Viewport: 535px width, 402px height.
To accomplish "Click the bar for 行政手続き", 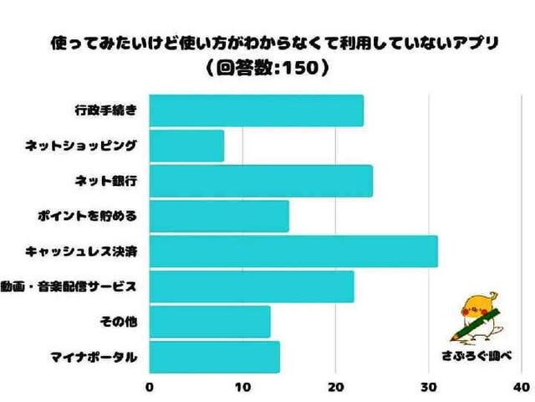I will tap(256, 111).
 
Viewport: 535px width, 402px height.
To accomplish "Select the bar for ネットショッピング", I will tap(186, 146).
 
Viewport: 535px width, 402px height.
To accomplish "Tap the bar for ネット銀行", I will tap(261, 181).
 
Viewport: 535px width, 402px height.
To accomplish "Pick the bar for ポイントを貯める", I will tap(219, 216).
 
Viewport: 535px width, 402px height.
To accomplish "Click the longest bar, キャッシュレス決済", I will tap(293, 251).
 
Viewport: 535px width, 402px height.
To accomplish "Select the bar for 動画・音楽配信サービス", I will tap(252, 286).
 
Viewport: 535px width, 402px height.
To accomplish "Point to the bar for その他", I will tap(210, 322).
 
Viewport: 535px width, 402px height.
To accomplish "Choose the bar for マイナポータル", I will tap(214, 357).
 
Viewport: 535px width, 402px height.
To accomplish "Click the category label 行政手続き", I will tap(104, 111).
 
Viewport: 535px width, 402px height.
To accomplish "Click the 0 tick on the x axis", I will tap(150, 387).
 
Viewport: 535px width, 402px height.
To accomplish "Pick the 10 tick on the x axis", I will tap(242, 387).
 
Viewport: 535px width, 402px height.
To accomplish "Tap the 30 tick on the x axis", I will tap(429, 387).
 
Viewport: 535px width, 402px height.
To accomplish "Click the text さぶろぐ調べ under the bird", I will tap(475, 355).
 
